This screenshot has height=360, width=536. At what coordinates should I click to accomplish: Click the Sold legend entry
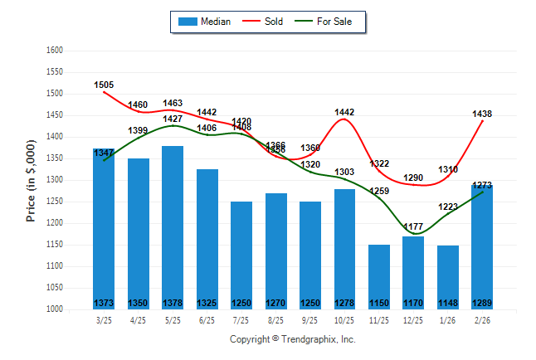click(265, 22)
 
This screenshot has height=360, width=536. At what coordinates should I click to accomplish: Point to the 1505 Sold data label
click(105, 85)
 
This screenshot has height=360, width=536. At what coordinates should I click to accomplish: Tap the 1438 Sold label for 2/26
click(483, 113)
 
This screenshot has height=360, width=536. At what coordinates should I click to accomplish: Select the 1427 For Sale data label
click(173, 119)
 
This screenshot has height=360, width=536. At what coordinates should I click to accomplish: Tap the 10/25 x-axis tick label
click(344, 319)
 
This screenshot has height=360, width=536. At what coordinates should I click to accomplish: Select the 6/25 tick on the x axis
click(207, 319)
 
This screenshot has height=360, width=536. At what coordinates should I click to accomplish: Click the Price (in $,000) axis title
click(31, 180)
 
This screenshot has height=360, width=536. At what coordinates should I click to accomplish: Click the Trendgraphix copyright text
click(292, 339)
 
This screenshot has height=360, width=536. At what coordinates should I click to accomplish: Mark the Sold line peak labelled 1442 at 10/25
click(344, 119)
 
